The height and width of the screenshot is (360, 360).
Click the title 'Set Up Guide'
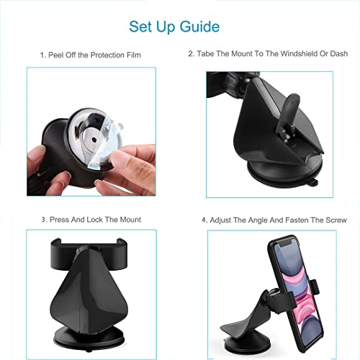(174, 27)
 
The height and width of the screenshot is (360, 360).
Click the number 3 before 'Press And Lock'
(42, 220)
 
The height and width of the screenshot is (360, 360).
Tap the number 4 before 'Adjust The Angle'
(204, 220)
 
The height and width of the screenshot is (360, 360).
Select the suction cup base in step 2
(277, 176)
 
